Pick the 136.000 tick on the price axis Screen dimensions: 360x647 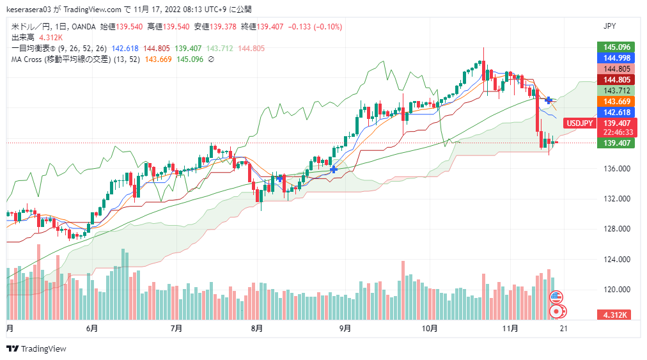pos(617,169)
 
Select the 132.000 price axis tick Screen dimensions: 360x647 pos(617,199)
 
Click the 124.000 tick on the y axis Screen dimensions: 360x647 pos(617,260)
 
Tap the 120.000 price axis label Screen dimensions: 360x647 pos(617,290)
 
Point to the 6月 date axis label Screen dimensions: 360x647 pos(92,329)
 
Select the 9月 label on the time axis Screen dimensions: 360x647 pos(345,329)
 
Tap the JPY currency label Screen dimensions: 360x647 pos(610,26)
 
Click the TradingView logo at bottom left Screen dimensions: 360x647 pos(36,348)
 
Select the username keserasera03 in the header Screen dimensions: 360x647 pos(31,10)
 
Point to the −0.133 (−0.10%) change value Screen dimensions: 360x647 pos(316,26)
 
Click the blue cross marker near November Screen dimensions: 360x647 pos(549,100)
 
